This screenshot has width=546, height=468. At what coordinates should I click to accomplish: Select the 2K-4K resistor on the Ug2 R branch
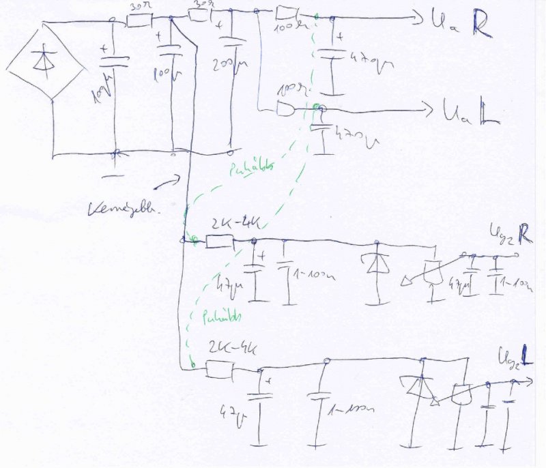[x=220, y=241]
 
